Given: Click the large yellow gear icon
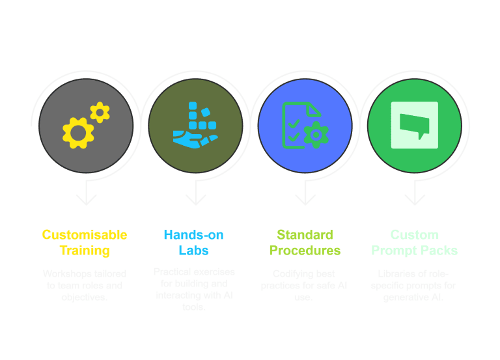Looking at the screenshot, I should pos(78,133).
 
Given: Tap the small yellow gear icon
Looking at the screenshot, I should pos(100,113).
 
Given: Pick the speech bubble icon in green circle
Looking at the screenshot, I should pos(414,124).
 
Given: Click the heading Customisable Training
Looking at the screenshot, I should pos(85,242).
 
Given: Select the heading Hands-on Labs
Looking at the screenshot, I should pos(195,242).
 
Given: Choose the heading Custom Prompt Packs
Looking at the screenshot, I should pos(415,242).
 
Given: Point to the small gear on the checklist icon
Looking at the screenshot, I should pos(316,134).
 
